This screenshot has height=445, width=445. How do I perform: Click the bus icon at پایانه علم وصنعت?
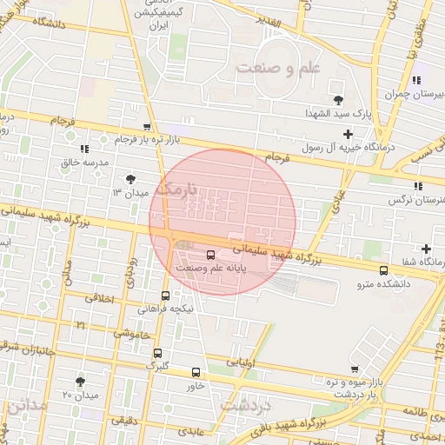pyautogui.click(x=210, y=255)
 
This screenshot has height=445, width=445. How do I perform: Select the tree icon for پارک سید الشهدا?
pyautogui.click(x=338, y=99)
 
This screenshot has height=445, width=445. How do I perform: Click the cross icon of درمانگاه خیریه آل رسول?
pyautogui.click(x=349, y=134)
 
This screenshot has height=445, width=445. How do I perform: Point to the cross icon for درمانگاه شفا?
pyautogui.click(x=426, y=249)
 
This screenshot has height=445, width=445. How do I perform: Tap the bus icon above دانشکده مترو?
pyautogui.click(x=384, y=271)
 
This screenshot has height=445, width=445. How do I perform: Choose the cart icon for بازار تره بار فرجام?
pyautogui.click(x=148, y=128)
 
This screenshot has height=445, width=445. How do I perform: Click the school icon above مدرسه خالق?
pyautogui.click(x=84, y=148)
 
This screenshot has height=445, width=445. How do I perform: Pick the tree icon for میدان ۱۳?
pyautogui.click(x=130, y=178)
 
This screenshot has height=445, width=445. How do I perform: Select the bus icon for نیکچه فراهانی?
pyautogui.click(x=166, y=296)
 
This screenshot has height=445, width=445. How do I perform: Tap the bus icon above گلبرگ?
pyautogui.click(x=157, y=353)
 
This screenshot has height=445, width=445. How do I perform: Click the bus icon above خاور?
pyautogui.click(x=195, y=372)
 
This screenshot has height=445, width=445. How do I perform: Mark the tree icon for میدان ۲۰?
pyautogui.click(x=81, y=381)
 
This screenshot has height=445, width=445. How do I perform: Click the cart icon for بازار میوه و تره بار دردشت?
pyautogui.click(x=355, y=369)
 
